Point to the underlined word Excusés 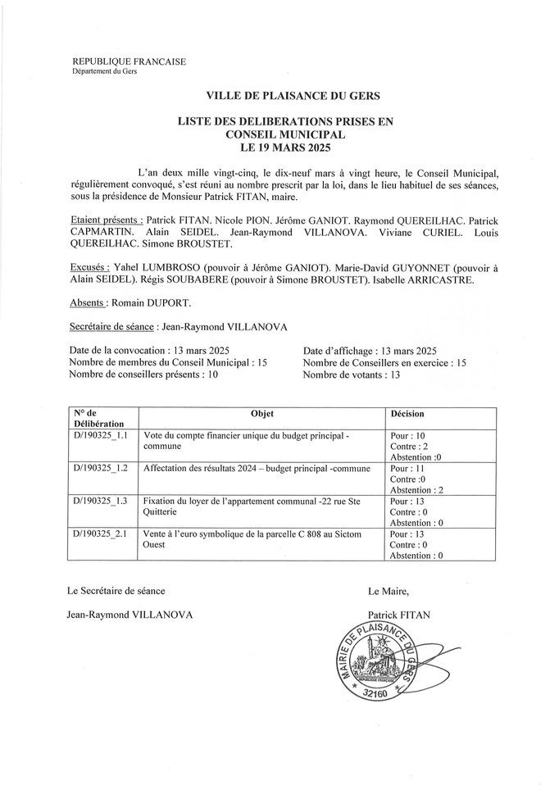84,267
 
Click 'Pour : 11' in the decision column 407,468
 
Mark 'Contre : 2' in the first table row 409,446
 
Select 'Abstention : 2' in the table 416,489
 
